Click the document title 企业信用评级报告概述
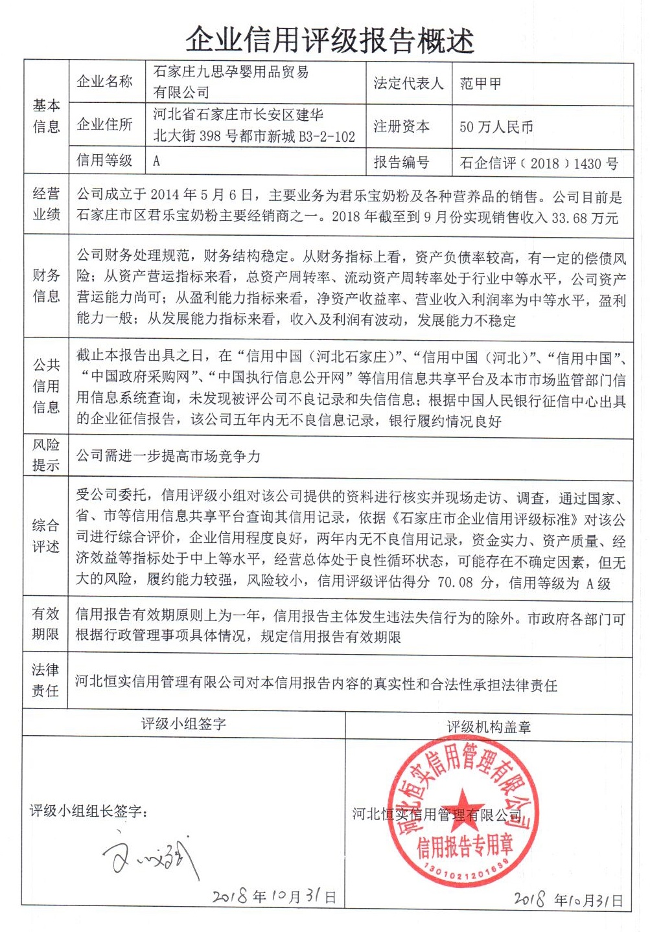[x=330, y=40]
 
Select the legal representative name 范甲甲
[x=480, y=84]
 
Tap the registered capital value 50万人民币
[x=496, y=127]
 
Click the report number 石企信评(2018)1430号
[x=539, y=163]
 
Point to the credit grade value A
[x=156, y=161]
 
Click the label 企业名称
[x=104, y=81]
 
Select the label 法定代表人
[x=408, y=84]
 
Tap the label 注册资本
[x=401, y=126]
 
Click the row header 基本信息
[x=46, y=116]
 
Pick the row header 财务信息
[x=46, y=286]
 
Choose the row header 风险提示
[x=46, y=455]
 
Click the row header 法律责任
[x=45, y=680]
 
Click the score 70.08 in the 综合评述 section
[x=455, y=582]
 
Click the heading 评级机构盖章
[x=489, y=727]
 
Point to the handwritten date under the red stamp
[x=568, y=899]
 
